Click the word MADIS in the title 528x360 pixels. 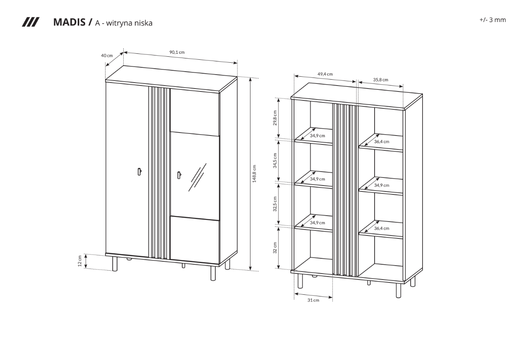pyautogui.click(x=69, y=22)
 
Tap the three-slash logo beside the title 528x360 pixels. pyautogui.click(x=31, y=22)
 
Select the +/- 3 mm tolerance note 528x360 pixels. pyautogui.click(x=493, y=20)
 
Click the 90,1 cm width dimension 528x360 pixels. pyautogui.click(x=177, y=52)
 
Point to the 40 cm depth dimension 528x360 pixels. pyautogui.click(x=107, y=55)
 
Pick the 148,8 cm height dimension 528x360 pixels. pyautogui.click(x=254, y=173)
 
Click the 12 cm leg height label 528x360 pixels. pyautogui.click(x=80, y=261)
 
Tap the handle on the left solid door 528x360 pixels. pyautogui.click(x=139, y=172)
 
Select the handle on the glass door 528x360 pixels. pyautogui.click(x=179, y=175)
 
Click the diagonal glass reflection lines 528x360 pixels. pyautogui.click(x=197, y=177)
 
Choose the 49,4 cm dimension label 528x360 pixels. pyautogui.click(x=325, y=74)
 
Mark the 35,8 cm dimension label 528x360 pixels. pyautogui.click(x=381, y=80)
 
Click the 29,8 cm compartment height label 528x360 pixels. pyautogui.click(x=275, y=118)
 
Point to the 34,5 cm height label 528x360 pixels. pyautogui.click(x=275, y=161)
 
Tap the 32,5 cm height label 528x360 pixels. pyautogui.click(x=275, y=204)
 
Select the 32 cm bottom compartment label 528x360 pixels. pyautogui.click(x=275, y=248)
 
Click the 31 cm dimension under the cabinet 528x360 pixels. pyautogui.click(x=313, y=300)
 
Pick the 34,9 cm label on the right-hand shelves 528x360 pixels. pyautogui.click(x=382, y=185)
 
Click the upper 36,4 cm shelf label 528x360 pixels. pyautogui.click(x=382, y=141)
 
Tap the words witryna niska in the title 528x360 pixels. pyautogui.click(x=129, y=23)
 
